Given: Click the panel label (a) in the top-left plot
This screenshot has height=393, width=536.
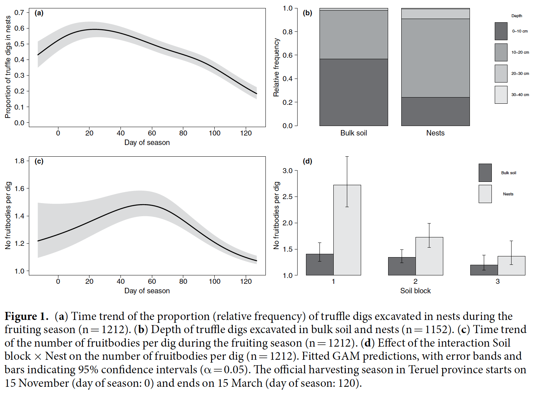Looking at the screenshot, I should [39, 13].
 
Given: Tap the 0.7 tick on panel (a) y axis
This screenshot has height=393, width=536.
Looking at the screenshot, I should [19, 12].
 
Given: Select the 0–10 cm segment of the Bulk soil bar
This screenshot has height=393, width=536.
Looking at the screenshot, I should [353, 92].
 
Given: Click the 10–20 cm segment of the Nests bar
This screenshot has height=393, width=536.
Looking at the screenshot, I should [435, 58].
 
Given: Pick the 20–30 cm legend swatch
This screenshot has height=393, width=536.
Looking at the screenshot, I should [501, 73].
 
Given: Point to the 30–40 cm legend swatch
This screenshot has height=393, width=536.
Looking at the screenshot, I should [501, 95].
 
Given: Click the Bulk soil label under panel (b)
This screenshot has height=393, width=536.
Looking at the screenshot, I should [353, 133].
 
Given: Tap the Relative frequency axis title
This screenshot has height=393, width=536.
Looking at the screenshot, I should [276, 68].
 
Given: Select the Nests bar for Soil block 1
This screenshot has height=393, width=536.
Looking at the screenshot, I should [347, 230].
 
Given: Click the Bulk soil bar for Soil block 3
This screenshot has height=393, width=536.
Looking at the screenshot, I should [484, 270].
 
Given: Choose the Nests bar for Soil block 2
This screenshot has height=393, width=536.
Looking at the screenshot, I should [429, 256].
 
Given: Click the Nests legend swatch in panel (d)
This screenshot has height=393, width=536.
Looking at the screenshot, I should [485, 194].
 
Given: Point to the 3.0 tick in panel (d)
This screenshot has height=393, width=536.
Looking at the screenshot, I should [288, 171].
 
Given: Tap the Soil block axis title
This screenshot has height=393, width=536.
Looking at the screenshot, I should [415, 291].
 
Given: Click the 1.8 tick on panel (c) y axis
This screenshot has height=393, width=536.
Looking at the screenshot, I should [19, 161].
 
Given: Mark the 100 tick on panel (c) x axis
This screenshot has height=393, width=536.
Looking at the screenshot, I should [214, 281].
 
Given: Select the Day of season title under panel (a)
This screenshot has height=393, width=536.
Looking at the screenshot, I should [147, 142].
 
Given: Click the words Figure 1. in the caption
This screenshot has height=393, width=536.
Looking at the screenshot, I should [26, 316].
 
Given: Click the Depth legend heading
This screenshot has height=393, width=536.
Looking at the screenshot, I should [516, 16].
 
